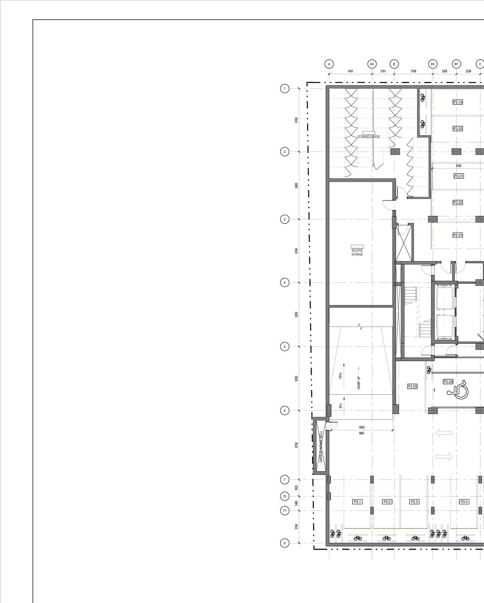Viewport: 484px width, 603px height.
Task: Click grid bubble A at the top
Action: (x=329, y=64)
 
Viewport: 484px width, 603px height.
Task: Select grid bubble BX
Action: (x=433, y=64)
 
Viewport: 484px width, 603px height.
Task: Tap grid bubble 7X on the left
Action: (x=285, y=496)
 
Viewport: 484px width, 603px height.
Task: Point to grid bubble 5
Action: (x=285, y=346)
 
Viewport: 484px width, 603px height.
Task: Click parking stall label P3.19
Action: (x=458, y=102)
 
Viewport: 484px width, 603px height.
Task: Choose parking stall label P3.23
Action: (x=458, y=235)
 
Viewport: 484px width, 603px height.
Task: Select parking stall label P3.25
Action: (x=412, y=386)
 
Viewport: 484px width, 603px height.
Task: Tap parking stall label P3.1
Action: (x=357, y=502)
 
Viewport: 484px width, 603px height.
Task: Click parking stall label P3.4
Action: (x=464, y=502)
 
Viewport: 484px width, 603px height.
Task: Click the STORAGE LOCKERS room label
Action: (x=369, y=136)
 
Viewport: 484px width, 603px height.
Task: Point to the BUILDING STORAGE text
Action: (x=357, y=252)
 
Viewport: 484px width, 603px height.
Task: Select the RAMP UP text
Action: (x=359, y=382)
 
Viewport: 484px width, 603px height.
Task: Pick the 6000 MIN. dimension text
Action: (x=361, y=430)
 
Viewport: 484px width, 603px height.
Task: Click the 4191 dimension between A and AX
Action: (x=351, y=71)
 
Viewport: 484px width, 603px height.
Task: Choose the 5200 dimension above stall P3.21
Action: (x=458, y=165)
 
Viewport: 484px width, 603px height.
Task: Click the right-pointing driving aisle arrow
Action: (x=444, y=456)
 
